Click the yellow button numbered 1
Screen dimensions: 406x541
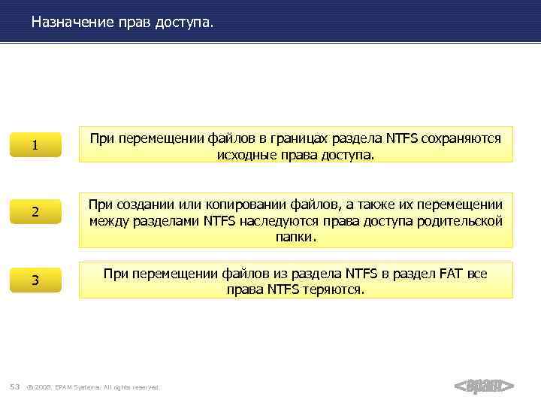coord(35,145)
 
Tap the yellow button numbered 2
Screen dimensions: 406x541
coord(35,213)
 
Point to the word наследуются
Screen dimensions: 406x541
coord(275,221)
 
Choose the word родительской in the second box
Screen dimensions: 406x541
coord(460,221)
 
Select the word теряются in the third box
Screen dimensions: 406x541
coord(334,289)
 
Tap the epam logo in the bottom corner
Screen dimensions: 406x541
coord(484,386)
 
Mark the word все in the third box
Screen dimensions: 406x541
coord(477,274)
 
